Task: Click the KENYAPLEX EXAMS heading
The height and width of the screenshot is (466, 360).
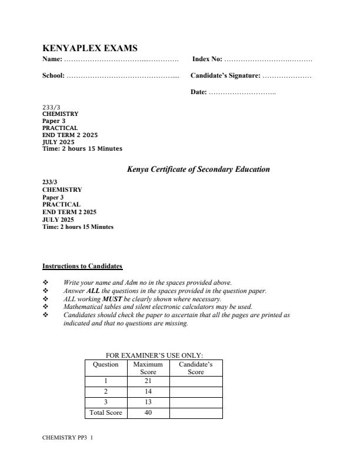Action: [x=90, y=48]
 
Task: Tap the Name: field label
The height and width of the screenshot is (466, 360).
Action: [x=52, y=60]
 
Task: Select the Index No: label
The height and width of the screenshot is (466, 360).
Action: [x=207, y=60]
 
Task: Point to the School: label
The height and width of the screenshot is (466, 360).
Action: [x=54, y=76]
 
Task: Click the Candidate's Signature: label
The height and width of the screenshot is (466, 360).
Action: [x=225, y=76]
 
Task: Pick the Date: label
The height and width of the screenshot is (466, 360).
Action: [x=199, y=92]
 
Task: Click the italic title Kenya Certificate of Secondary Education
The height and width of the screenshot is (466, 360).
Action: [x=198, y=169]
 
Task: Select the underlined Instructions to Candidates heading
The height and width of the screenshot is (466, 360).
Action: [x=82, y=266]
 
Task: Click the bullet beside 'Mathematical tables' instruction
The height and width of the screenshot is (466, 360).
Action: [x=45, y=307]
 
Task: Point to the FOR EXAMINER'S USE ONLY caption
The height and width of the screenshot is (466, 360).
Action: [x=154, y=355]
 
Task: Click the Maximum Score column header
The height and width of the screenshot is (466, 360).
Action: [x=148, y=368]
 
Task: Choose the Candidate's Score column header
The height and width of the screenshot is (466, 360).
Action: [x=195, y=368]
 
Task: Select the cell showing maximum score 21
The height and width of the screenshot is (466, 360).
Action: [x=148, y=381]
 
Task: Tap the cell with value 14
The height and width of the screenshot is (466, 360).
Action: [x=148, y=392]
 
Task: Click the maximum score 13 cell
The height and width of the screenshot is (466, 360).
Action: [x=148, y=402]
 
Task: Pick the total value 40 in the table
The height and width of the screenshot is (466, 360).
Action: [x=148, y=413]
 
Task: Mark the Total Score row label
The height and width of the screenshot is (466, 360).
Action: [x=106, y=413]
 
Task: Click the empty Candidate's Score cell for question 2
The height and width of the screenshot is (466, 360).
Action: [x=195, y=392]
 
